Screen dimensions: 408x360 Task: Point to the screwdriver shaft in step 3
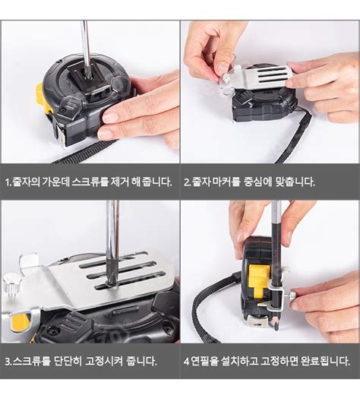pyautogui.click(x=112, y=236)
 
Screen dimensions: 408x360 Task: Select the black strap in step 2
pyautogui.click(x=296, y=137)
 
